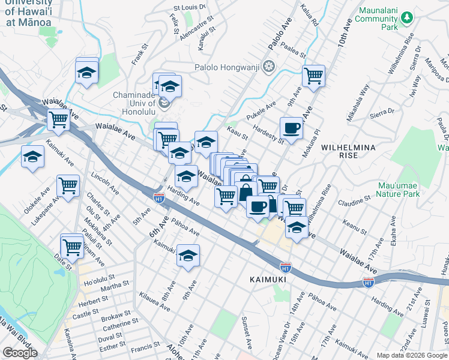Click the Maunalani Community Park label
tap(381, 19)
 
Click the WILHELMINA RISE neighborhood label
tap(348, 151)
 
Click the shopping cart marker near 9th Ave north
tap(313, 76)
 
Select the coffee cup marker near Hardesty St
tap(291, 128)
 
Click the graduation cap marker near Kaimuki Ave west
tap(32, 157)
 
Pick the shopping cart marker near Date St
tap(72, 245)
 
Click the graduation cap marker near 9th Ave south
tap(188, 255)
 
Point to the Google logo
tap(20, 353)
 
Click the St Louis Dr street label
tap(189, 7)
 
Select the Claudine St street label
tap(354, 199)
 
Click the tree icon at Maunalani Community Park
tap(408, 19)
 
